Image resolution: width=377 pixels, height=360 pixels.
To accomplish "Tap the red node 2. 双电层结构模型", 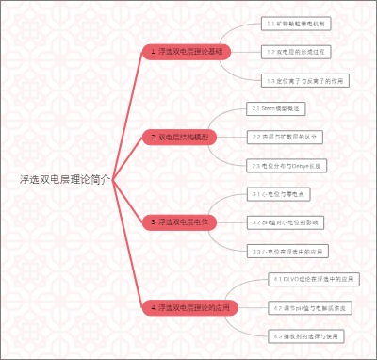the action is pyautogui.click(x=182, y=137).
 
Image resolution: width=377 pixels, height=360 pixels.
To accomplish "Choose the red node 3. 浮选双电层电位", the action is pyautogui.click(x=181, y=221).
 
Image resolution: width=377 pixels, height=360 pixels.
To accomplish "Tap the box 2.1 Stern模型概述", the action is pyautogui.click(x=277, y=108).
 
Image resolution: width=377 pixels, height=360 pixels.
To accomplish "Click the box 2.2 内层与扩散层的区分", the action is pyautogui.click(x=287, y=137).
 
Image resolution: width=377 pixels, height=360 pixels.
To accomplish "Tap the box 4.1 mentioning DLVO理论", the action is pyautogui.click(x=312, y=280).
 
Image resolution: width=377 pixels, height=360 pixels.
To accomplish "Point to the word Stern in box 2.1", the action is pyautogui.click(x=268, y=108).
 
